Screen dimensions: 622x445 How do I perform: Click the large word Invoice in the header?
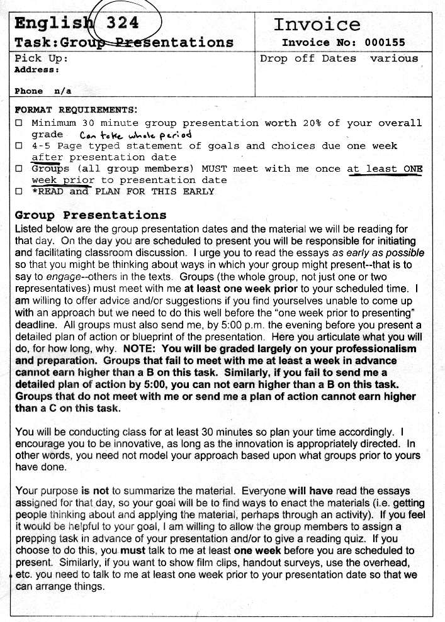tap(317, 25)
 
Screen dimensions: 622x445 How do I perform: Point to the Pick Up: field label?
tap(41, 58)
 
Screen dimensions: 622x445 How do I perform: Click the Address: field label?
tap(37, 70)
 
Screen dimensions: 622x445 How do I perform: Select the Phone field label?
tap(28, 91)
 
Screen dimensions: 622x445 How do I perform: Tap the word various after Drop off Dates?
tap(394, 58)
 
